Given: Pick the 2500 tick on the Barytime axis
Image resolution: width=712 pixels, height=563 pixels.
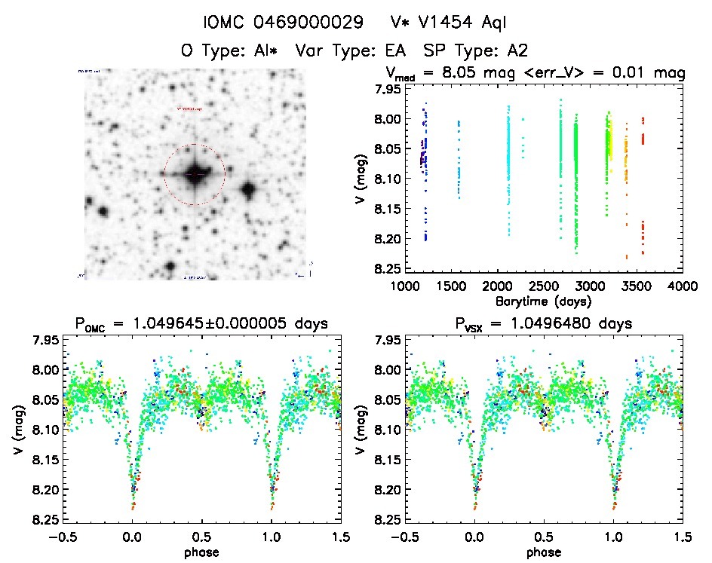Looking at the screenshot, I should click(x=543, y=286).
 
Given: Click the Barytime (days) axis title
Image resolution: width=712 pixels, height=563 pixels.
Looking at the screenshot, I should click(x=543, y=301).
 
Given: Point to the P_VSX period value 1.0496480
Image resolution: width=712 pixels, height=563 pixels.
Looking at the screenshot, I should click(x=547, y=325).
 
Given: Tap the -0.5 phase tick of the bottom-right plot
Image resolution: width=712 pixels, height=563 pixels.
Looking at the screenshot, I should click(x=401, y=536).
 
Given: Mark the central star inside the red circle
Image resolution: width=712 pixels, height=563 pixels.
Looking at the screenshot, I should click(x=195, y=174).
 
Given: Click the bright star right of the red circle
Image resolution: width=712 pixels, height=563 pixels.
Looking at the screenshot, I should click(x=248, y=189).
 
